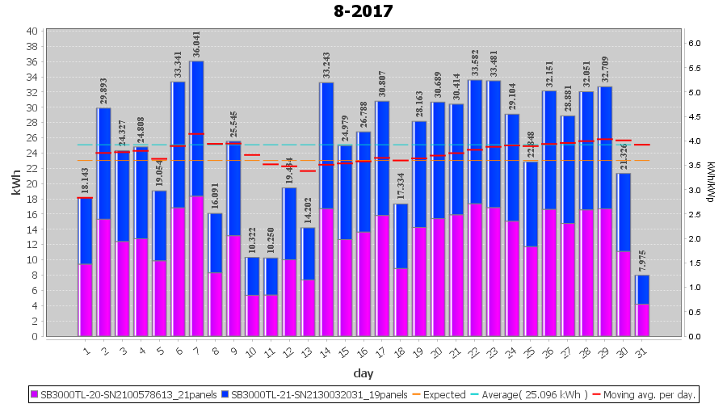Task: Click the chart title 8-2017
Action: click(x=363, y=11)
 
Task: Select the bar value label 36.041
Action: click(x=196, y=44)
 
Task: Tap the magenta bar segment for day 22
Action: click(x=476, y=270)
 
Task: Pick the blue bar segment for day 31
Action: click(x=642, y=289)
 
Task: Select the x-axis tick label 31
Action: click(x=641, y=351)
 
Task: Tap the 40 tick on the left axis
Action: click(x=32, y=31)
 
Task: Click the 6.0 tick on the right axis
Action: click(x=693, y=44)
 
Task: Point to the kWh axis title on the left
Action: click(x=16, y=183)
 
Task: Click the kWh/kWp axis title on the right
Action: click(x=710, y=183)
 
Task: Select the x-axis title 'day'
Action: click(x=363, y=373)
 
